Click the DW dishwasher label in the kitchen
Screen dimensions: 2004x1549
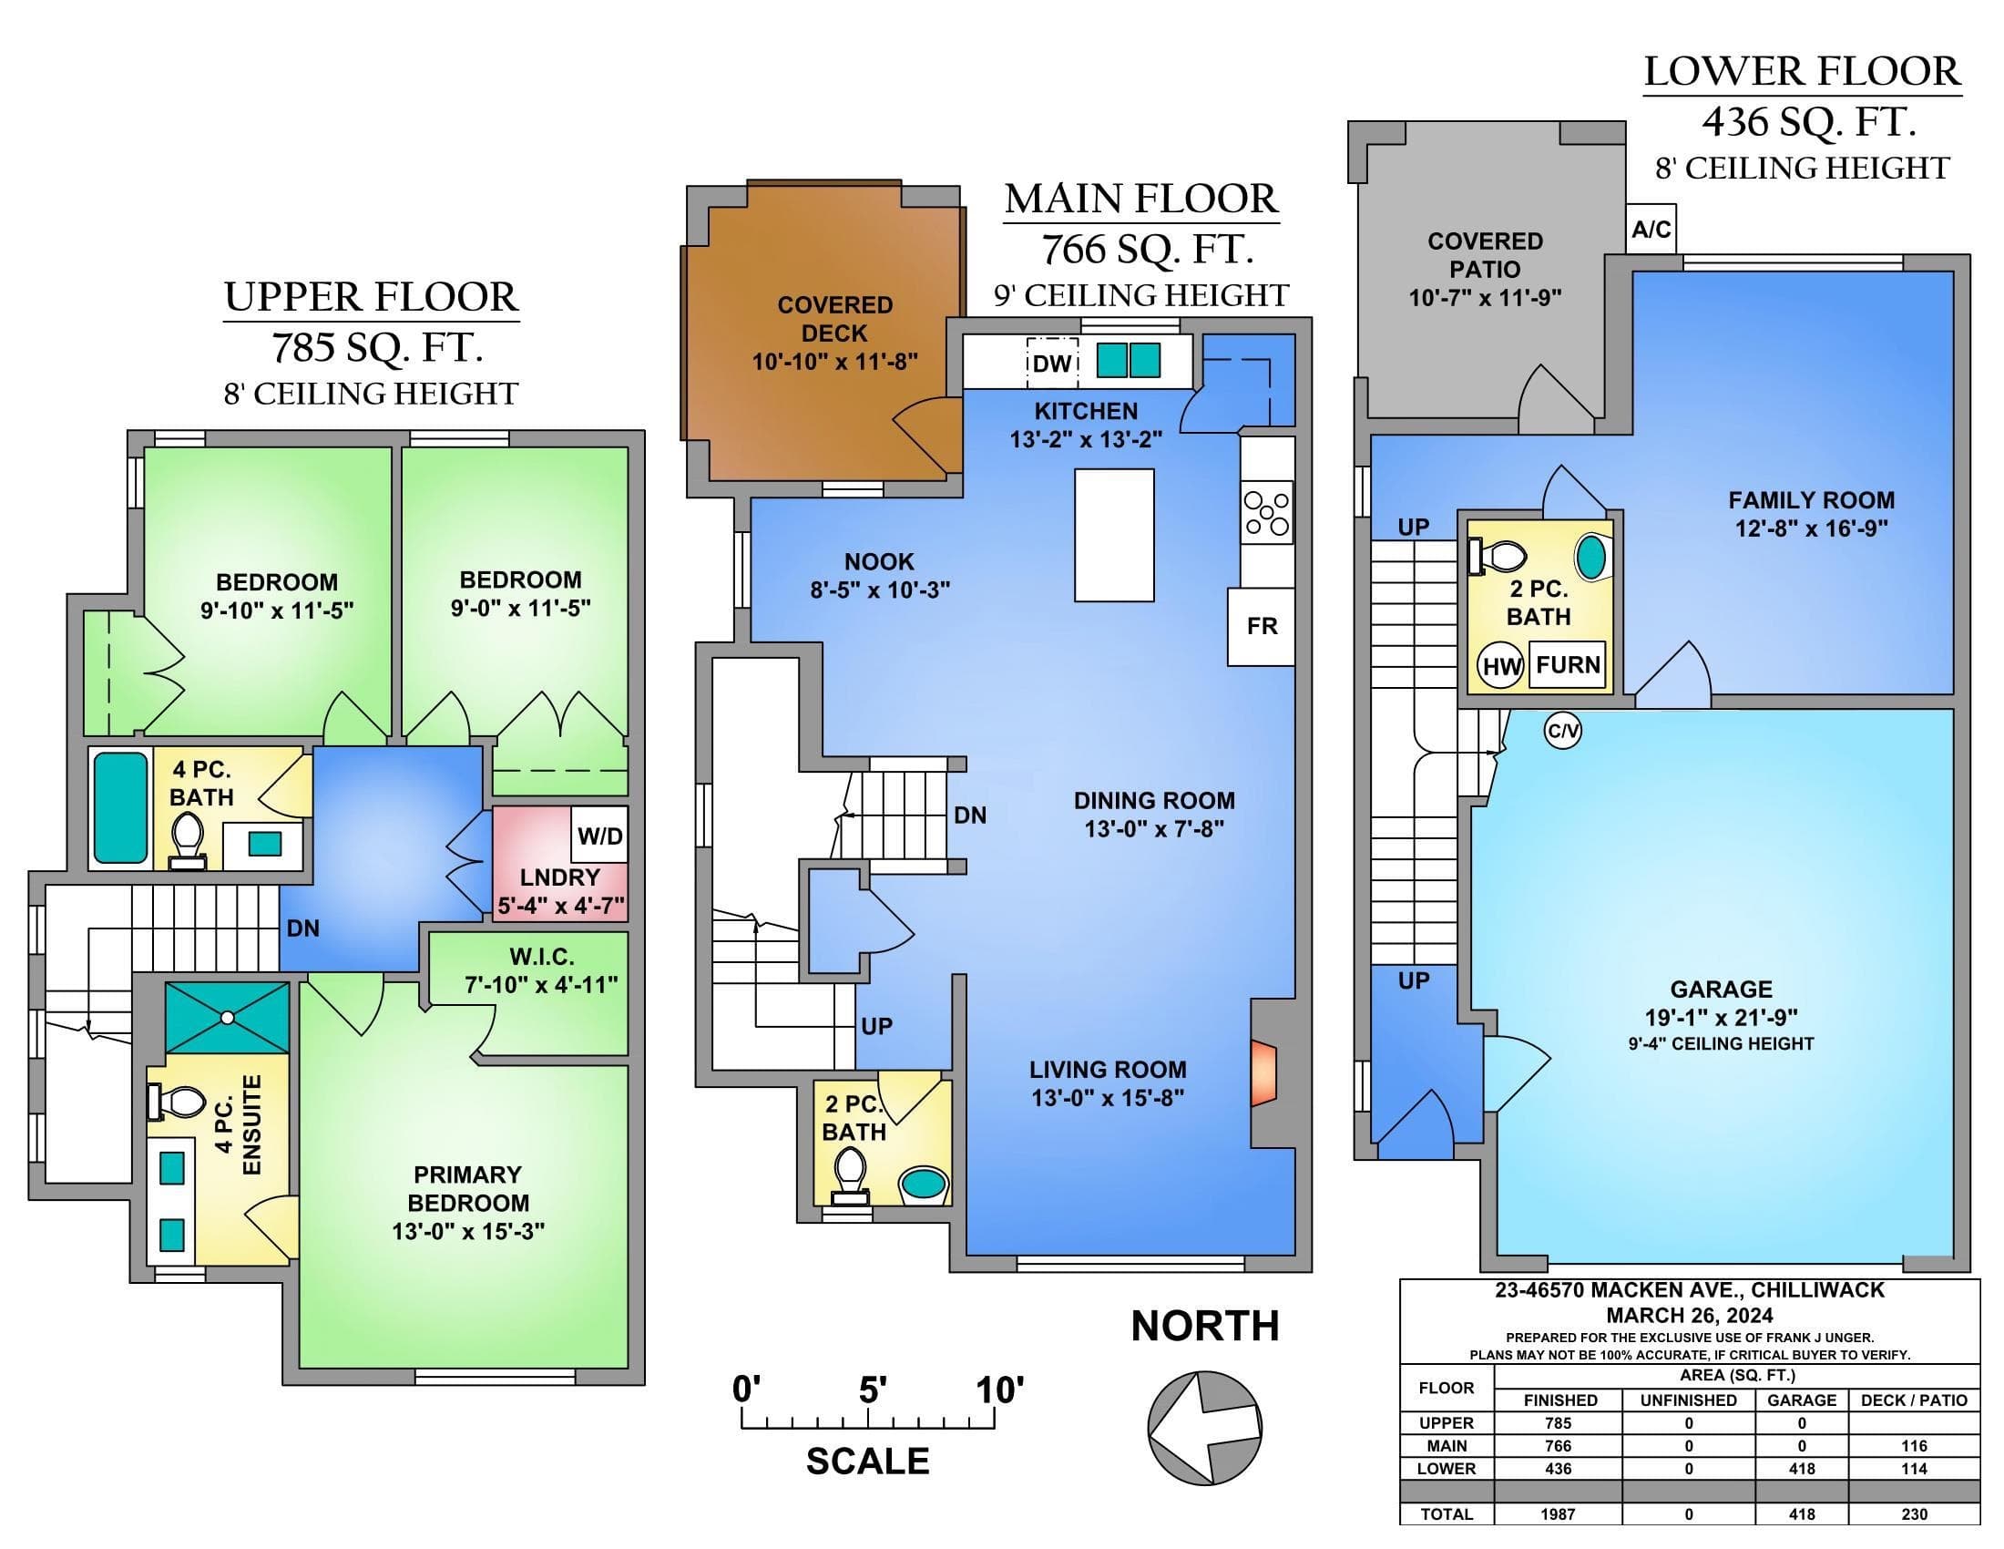[1051, 364]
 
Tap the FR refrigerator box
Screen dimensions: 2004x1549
[1262, 626]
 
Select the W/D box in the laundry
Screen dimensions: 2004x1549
[600, 836]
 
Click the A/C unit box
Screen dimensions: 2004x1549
[1651, 229]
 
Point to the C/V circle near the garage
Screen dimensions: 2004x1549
[1562, 731]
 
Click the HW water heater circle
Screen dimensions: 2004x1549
[1500, 666]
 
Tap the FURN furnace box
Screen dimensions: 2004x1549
[1569, 664]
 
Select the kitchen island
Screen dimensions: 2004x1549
[1114, 535]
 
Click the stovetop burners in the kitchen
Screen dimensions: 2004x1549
[1266, 514]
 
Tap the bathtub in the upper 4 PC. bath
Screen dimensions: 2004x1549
[121, 807]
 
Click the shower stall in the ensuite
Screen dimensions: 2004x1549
[227, 1018]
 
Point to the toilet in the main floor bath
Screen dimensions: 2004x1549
[849, 1177]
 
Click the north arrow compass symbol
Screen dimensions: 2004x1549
[1205, 1426]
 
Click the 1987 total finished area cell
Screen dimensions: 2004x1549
[1557, 1514]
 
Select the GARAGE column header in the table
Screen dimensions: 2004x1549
[1801, 1400]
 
